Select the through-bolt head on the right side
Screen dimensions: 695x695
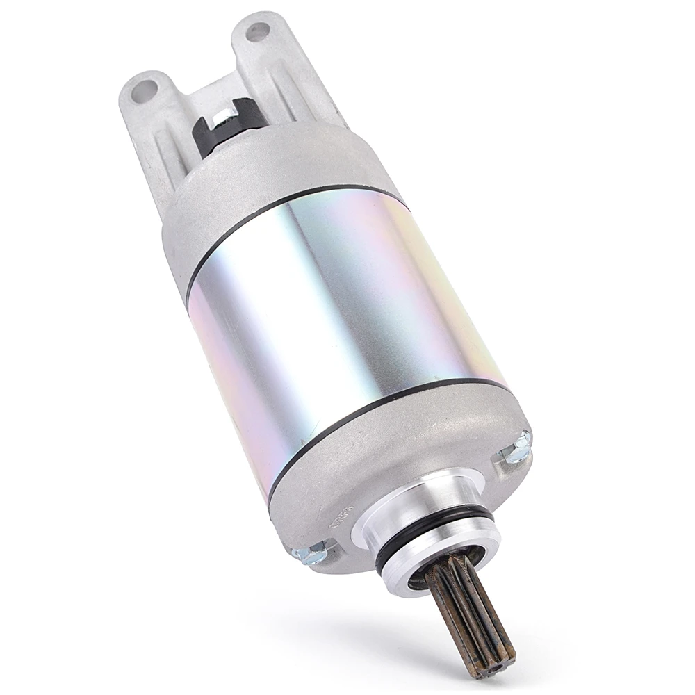pos(517,448)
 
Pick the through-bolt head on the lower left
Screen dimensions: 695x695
pos(310,553)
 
